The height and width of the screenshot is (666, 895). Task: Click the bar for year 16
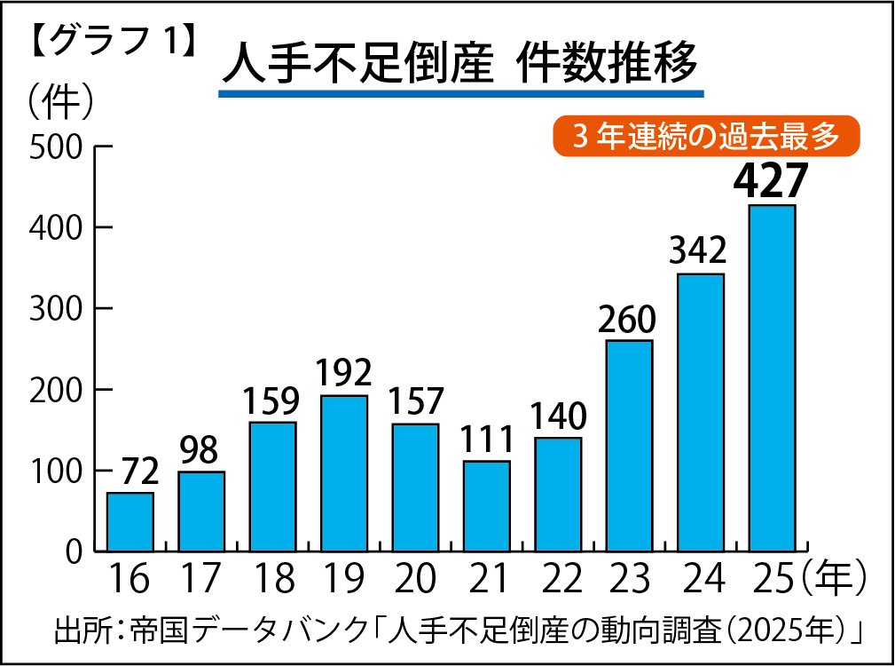tap(130, 521)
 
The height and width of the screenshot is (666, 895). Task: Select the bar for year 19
tap(344, 472)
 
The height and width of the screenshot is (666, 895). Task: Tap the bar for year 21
tap(487, 505)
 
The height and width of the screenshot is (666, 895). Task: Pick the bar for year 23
tap(630, 445)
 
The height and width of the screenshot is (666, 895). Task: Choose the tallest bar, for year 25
tap(772, 377)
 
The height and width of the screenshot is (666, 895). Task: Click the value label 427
tap(771, 180)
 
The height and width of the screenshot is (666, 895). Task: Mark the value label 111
tap(487, 440)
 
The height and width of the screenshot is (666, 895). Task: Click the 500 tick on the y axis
tap(57, 147)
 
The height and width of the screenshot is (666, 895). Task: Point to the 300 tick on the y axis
tap(57, 309)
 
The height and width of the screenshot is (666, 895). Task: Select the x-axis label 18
tap(272, 579)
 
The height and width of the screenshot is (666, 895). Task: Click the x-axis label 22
tap(558, 579)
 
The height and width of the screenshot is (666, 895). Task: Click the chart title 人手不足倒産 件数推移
tap(460, 65)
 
